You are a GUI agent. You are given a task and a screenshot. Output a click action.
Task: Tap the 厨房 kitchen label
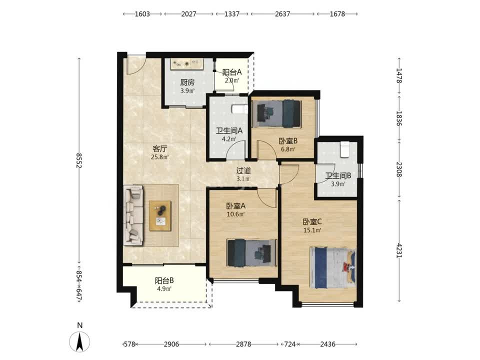pos(187,82)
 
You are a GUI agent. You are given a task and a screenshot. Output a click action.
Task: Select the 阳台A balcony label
pos(231,72)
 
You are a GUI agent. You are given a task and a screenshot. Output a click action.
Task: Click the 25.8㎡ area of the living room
pos(160,157)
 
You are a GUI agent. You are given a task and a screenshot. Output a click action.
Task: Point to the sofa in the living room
pos(133,215)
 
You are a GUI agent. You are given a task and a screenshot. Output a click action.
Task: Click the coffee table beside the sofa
pos(160,216)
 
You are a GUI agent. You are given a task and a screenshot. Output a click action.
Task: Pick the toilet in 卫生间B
pos(345,149)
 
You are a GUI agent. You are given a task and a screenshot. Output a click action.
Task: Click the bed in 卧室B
pos(276,113)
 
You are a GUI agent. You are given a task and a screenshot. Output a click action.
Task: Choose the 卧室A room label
pos(235,206)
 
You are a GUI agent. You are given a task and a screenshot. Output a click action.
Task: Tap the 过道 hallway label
pos(243,170)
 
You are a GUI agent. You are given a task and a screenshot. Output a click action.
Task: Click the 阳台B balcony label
pos(164,280)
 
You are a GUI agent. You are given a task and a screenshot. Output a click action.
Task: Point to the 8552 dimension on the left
pos(79,160)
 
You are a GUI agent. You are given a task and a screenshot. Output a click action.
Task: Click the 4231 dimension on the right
pos(399,250)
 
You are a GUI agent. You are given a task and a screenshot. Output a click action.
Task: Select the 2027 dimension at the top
pos(188,14)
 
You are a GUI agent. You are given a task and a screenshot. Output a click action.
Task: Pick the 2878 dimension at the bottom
pos(243,344)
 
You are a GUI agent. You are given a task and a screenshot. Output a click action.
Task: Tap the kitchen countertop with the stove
pos(186,64)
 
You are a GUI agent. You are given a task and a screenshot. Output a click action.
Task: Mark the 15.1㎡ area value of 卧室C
pos(312,230)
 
